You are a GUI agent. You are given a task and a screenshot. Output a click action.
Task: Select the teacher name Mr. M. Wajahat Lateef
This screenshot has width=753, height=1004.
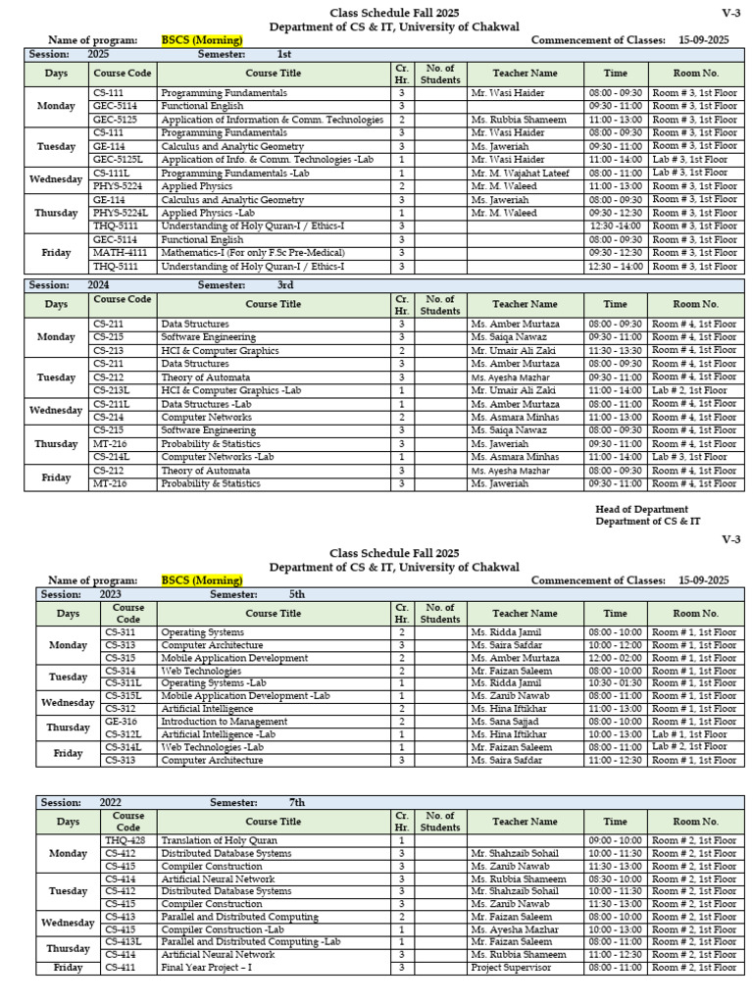pyautogui.click(x=519, y=173)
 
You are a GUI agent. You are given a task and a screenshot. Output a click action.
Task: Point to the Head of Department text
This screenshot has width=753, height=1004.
pyautogui.click(x=641, y=509)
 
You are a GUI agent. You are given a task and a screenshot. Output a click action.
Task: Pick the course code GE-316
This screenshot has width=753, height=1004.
pyautogui.click(x=122, y=722)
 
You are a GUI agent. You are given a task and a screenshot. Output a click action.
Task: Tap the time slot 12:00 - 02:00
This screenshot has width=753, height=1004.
pyautogui.click(x=616, y=659)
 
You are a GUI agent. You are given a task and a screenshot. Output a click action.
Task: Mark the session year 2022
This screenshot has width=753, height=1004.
pyautogui.click(x=111, y=802)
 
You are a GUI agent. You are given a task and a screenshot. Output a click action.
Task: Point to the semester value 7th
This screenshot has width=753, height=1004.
pyautogui.click(x=296, y=802)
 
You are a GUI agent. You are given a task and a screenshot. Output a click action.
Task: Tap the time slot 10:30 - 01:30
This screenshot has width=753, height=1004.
pyautogui.click(x=616, y=683)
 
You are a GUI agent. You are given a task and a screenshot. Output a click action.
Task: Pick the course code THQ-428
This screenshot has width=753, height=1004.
pyautogui.click(x=125, y=840)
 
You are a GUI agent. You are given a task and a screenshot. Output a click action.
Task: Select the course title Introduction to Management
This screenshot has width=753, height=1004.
pyautogui.click(x=224, y=722)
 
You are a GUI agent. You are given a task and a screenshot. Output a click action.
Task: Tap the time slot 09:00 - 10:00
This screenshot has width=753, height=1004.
pyautogui.click(x=616, y=840)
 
